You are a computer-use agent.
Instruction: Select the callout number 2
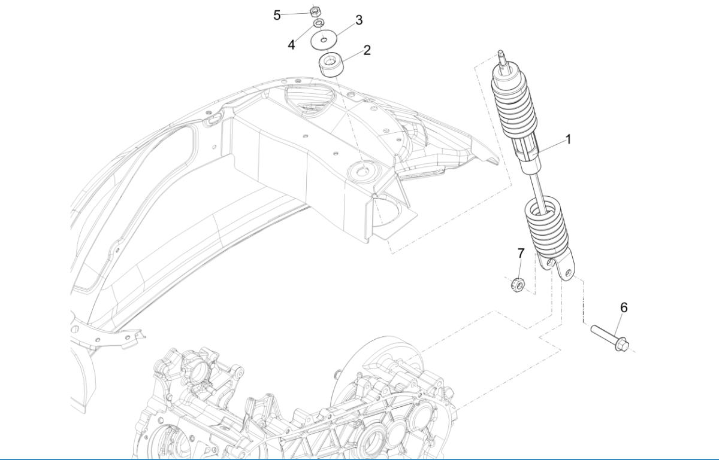(367, 50)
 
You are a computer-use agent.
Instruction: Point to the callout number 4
(291, 45)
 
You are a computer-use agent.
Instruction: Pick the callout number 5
(277, 15)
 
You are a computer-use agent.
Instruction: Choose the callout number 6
(624, 307)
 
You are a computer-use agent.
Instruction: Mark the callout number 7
(520, 254)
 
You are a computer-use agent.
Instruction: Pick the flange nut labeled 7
(519, 284)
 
